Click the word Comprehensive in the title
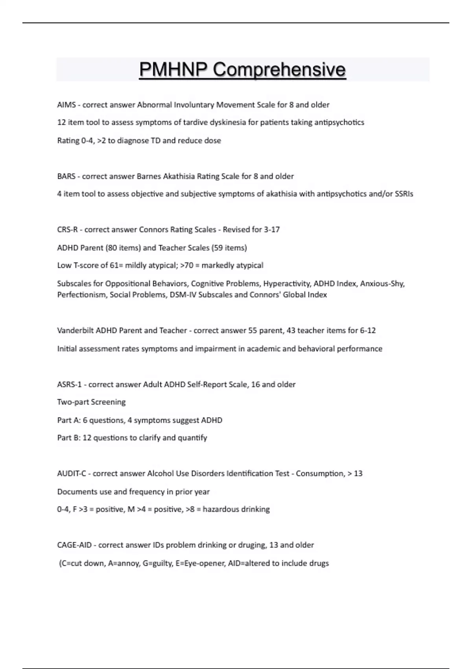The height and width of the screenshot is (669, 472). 279,70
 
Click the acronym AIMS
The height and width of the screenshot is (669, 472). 66,105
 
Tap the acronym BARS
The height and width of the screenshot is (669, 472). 66,176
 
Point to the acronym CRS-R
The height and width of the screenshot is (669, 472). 67,229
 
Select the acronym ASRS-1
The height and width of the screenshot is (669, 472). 69,384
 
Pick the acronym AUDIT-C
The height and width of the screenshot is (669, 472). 72,473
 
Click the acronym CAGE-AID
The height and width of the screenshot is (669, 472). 74,545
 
